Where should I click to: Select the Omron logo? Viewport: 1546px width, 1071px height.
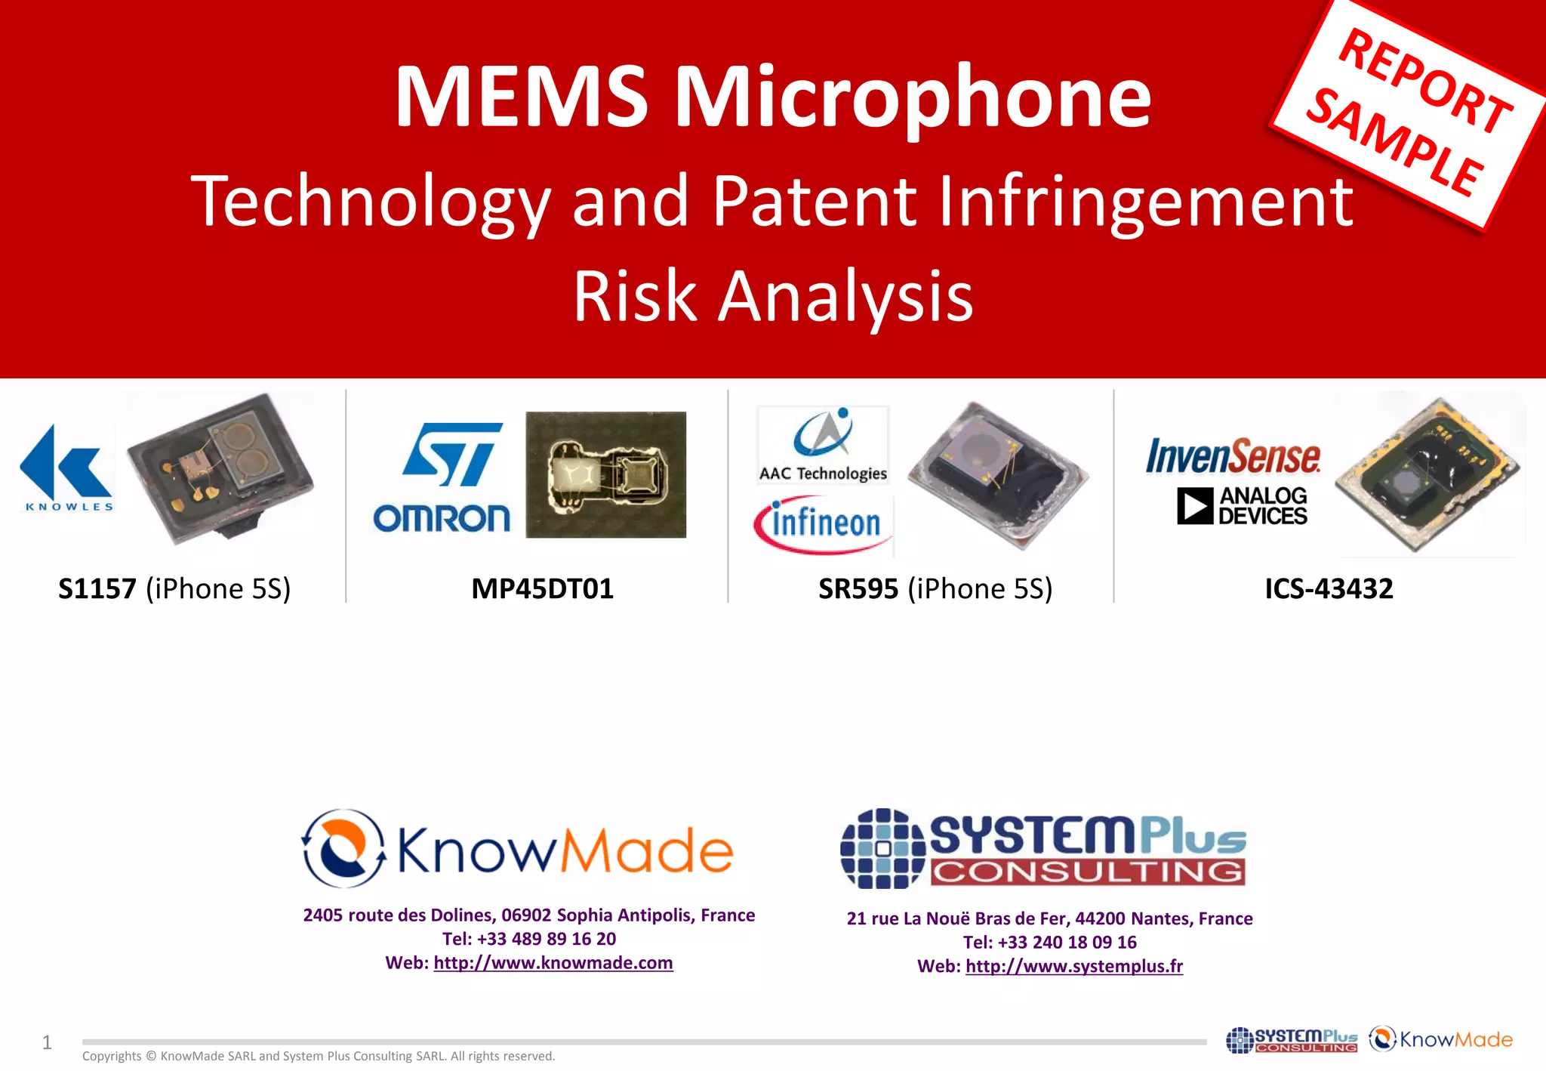pyautogui.click(x=442, y=519)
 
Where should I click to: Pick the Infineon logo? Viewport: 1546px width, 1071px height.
pyautogui.click(x=824, y=524)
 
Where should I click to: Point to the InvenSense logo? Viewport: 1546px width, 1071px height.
pyautogui.click(x=1233, y=456)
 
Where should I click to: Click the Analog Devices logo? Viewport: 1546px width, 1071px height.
pyautogui.click(x=1242, y=506)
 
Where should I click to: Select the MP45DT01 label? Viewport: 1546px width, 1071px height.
pyautogui.click(x=542, y=588)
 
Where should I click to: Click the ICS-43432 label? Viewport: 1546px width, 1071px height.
pyautogui.click(x=1329, y=588)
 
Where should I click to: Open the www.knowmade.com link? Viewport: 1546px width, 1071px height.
pyautogui.click(x=553, y=963)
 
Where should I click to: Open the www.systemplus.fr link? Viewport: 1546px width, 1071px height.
pyautogui.click(x=1073, y=966)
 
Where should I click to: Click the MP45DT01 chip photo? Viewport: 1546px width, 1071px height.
pyautogui.click(x=605, y=474)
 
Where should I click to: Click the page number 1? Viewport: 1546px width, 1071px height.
pyautogui.click(x=47, y=1043)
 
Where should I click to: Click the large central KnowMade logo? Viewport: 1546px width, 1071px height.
pyautogui.click(x=517, y=849)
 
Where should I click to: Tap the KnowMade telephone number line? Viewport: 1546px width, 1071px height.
pyautogui.click(x=528, y=939)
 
